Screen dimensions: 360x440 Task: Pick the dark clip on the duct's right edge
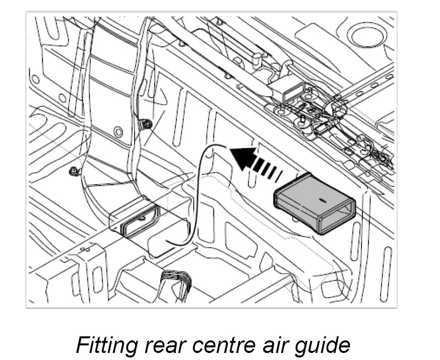146,124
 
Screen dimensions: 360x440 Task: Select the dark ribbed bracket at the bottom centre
177,282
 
